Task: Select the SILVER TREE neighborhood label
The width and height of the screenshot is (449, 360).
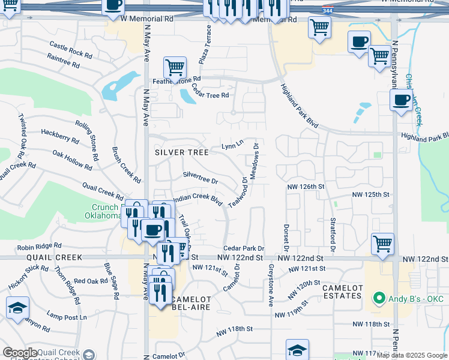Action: (182, 152)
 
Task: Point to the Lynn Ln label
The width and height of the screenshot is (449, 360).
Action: (232, 145)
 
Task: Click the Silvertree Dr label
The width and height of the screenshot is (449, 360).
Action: (200, 177)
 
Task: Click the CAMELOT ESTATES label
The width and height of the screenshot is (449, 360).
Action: (343, 292)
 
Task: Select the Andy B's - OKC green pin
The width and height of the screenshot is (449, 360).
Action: (378, 298)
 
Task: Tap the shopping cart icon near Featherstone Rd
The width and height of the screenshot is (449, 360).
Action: (175, 67)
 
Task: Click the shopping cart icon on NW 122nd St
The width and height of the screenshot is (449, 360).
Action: (382, 244)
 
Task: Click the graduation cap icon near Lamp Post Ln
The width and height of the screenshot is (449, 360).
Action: (17, 308)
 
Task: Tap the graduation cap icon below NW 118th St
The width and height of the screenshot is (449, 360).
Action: (297, 349)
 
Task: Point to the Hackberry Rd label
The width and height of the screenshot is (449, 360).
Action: (60, 135)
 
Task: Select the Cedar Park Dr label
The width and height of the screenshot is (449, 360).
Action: (244, 248)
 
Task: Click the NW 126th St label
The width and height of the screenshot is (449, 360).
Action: (306, 187)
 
